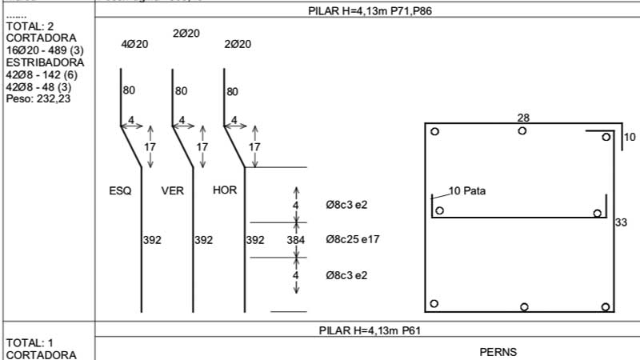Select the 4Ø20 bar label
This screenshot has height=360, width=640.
pyautogui.click(x=134, y=45)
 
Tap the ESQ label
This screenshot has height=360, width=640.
pyautogui.click(x=121, y=190)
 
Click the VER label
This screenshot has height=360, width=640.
pyautogui.click(x=173, y=190)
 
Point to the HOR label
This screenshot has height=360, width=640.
pyautogui.click(x=225, y=190)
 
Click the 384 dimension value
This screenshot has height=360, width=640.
pyautogui.click(x=296, y=239)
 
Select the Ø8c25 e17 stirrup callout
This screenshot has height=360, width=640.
pyautogui.click(x=352, y=239)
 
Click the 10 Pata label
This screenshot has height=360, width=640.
pyautogui.click(x=466, y=191)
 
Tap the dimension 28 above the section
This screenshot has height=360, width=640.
pyautogui.click(x=524, y=118)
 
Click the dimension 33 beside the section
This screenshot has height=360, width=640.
pyautogui.click(x=621, y=223)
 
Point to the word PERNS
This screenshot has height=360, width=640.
pyautogui.click(x=498, y=351)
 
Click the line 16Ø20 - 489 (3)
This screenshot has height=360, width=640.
pyautogui.click(x=44, y=50)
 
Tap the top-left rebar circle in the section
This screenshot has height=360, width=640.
pyautogui.click(x=434, y=132)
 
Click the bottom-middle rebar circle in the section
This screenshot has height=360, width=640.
pyautogui.click(x=524, y=306)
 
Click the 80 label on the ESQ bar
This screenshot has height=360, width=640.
pyautogui.click(x=129, y=91)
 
